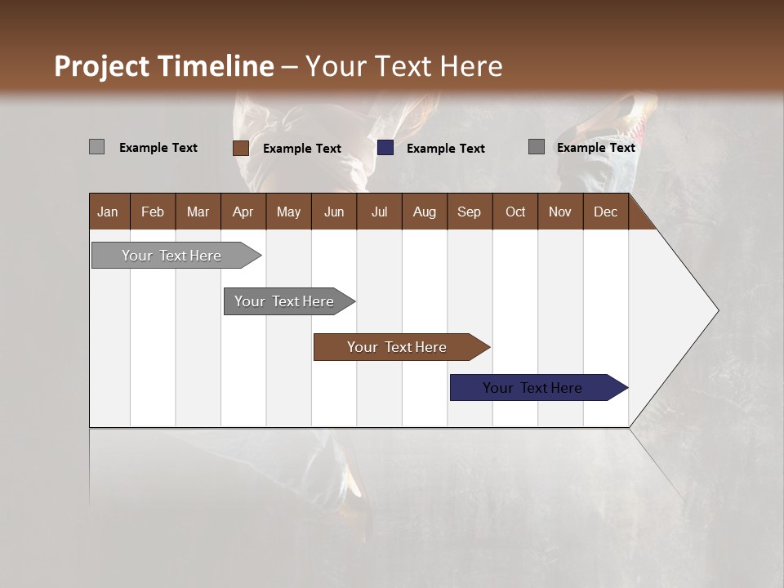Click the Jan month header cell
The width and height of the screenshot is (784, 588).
[x=108, y=212]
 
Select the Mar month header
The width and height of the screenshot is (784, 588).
[x=198, y=212]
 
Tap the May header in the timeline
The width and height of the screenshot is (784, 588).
[x=288, y=212]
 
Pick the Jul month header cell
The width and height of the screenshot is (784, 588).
[x=379, y=212]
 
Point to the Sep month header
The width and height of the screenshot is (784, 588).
[x=469, y=212]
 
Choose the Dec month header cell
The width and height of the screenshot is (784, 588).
[x=605, y=212]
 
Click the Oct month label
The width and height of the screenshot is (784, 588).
[x=515, y=212]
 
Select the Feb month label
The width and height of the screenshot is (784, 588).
[x=153, y=212]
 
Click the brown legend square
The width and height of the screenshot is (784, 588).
[x=241, y=148]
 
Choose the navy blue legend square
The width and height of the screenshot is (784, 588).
[x=385, y=148]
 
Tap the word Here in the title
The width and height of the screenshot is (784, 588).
[x=471, y=66]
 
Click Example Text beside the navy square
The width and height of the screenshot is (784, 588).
[x=446, y=149]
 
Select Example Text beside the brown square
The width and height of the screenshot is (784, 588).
[x=302, y=149]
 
